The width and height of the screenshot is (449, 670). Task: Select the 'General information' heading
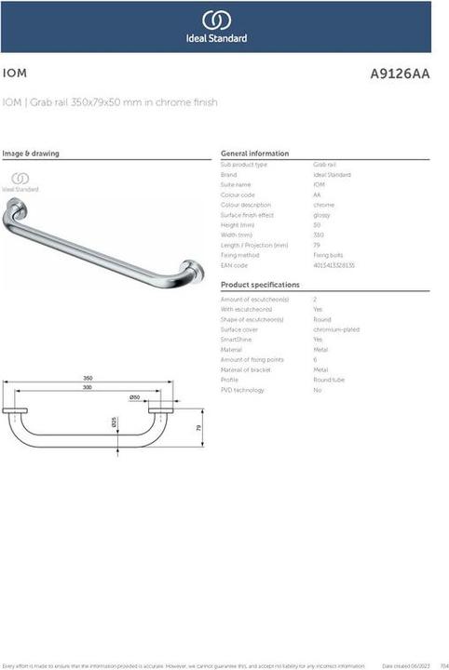(x=254, y=154)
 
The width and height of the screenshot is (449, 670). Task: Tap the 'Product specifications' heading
(x=260, y=285)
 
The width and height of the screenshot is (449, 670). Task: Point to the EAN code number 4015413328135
(x=333, y=265)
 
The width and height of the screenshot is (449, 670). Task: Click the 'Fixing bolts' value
(x=328, y=255)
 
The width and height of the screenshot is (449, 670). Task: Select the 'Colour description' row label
(x=245, y=205)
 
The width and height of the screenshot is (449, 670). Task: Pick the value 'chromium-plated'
(x=336, y=329)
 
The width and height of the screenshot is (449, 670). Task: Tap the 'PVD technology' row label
(x=241, y=390)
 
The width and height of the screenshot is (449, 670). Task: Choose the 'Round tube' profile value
(x=329, y=380)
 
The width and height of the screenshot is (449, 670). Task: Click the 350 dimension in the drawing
(x=88, y=378)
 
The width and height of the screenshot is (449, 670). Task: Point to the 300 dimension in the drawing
(x=88, y=387)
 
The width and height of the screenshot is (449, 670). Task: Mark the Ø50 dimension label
(x=134, y=397)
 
